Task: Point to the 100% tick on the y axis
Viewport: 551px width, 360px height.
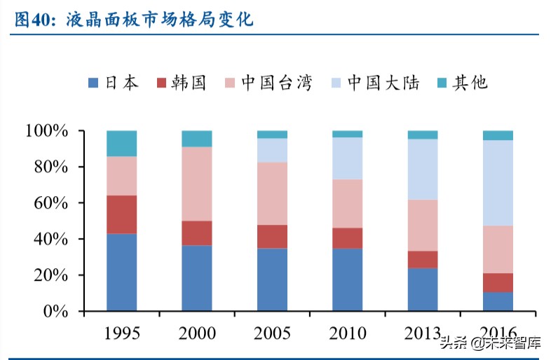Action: [46, 131]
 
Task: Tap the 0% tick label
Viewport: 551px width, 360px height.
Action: [55, 311]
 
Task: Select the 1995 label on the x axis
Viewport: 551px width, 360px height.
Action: [122, 332]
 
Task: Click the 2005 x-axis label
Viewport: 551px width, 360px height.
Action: [272, 332]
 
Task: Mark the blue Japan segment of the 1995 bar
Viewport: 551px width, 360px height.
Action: [122, 272]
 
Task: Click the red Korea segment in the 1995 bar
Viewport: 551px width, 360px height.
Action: [122, 214]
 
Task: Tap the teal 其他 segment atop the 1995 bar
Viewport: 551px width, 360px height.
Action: [122, 143]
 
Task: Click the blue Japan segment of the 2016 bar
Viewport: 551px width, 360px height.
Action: [498, 301]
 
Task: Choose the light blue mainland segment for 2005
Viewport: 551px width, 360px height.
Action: [272, 150]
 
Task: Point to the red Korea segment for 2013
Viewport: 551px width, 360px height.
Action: [423, 259]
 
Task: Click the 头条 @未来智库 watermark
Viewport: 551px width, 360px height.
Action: [490, 343]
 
